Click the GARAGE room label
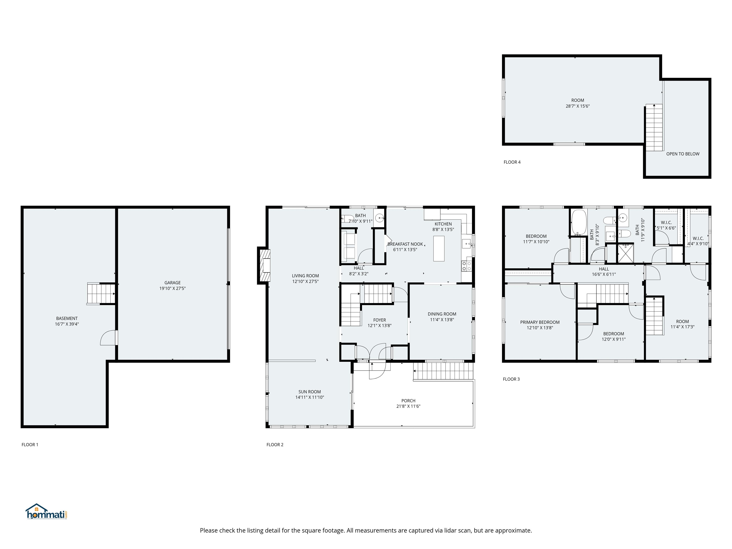click(173, 283)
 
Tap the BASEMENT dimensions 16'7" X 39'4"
click(67, 324)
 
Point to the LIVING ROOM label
click(305, 276)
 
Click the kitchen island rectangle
click(439, 248)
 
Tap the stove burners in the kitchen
click(466, 266)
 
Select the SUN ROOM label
click(310, 391)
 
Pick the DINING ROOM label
click(442, 314)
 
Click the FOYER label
click(380, 320)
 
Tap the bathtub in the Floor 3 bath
click(579, 222)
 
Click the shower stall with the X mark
click(626, 253)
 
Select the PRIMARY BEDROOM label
click(540, 322)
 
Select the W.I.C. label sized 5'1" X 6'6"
click(666, 222)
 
